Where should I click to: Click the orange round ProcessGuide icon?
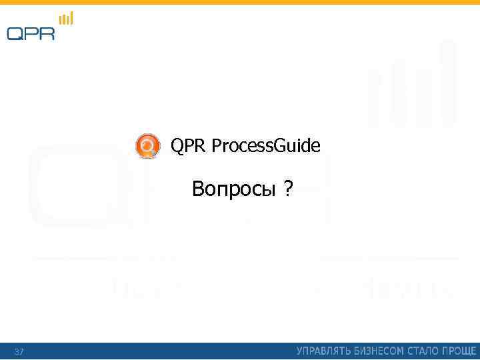point(147,146)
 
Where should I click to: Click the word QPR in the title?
point(189,145)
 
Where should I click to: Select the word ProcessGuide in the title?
point(266,146)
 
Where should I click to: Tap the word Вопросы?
point(233,190)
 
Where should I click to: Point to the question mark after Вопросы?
point(287,190)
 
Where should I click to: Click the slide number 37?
point(19,351)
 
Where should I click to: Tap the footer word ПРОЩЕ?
point(460,351)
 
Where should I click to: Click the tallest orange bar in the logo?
point(71,18)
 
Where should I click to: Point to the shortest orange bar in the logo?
point(61,22)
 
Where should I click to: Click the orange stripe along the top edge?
point(240,2)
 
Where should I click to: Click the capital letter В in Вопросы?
point(197,190)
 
